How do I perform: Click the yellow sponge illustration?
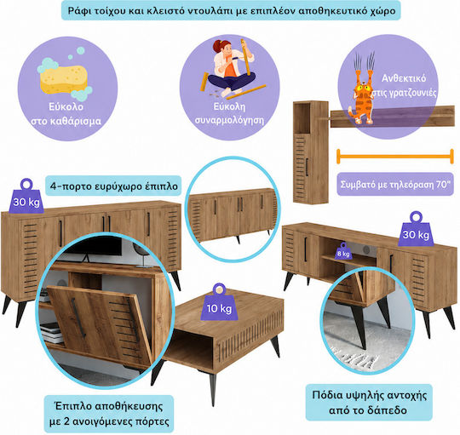(x=64, y=78)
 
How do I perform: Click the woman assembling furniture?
(x=233, y=68)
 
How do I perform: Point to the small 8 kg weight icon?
(x=343, y=251)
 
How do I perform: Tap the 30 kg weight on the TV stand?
(x=416, y=229)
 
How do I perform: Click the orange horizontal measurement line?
(x=395, y=157)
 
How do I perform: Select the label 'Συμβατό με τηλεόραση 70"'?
(x=395, y=185)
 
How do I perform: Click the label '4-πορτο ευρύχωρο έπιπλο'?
(x=113, y=186)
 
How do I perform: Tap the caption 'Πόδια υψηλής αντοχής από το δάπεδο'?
(x=369, y=402)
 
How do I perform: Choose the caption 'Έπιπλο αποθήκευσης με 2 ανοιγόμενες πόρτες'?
(x=109, y=414)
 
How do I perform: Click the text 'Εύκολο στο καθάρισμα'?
(x=66, y=114)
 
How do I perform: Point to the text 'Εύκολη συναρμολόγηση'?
(x=229, y=113)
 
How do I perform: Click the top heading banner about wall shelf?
(x=231, y=10)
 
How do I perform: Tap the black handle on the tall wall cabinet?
(x=307, y=168)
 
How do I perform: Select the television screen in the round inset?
(x=94, y=245)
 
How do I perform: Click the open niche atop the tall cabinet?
(x=302, y=117)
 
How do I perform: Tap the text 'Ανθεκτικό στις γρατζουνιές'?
(x=404, y=86)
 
